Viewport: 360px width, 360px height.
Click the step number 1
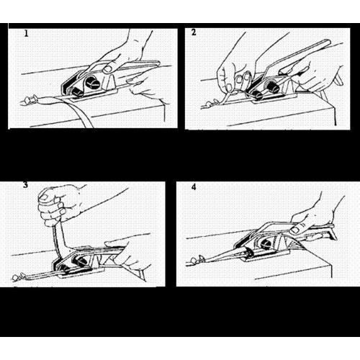(26, 33)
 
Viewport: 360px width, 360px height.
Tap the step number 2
(194, 32)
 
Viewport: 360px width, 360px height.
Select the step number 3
(25, 185)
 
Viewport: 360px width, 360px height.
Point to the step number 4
(194, 187)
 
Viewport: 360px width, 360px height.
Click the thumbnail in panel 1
(107, 69)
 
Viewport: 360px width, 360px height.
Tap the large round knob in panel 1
(92, 81)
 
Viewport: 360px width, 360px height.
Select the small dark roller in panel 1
(77, 91)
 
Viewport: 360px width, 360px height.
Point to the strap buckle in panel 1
(31, 99)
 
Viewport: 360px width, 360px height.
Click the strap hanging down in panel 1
(83, 115)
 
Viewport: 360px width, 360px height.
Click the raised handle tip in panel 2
(326, 43)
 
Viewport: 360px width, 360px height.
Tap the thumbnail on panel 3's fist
(44, 197)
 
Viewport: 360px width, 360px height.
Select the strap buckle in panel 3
(19, 276)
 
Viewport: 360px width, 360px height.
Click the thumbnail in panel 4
(294, 230)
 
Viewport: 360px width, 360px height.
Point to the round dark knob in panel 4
(266, 245)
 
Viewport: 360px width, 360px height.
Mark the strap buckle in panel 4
(197, 259)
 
